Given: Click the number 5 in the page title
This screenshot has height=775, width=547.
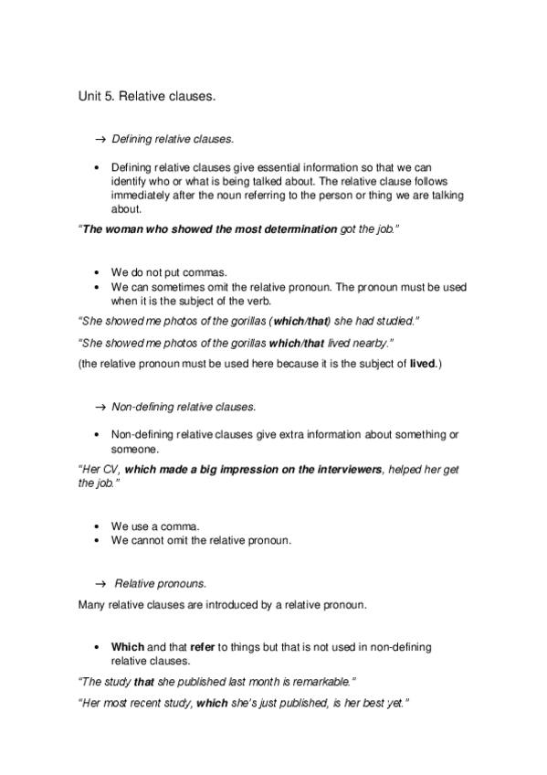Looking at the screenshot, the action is [x=109, y=95].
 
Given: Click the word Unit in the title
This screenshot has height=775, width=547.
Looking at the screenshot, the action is [x=89, y=95].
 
